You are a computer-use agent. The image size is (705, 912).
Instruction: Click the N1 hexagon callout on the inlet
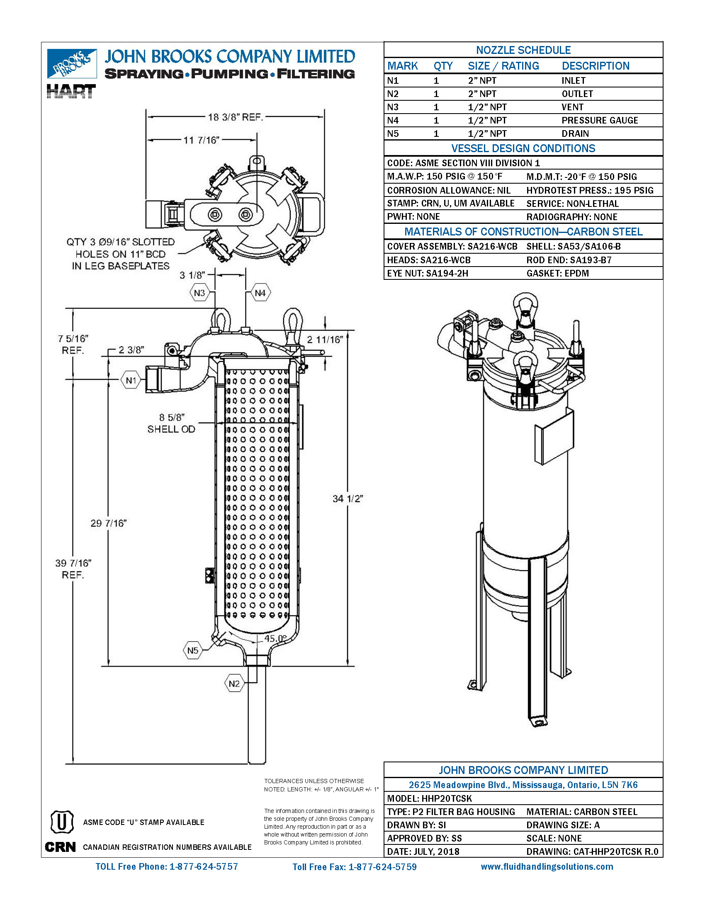pyautogui.click(x=131, y=381)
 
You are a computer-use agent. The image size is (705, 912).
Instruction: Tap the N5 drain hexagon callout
pyautogui.click(x=192, y=650)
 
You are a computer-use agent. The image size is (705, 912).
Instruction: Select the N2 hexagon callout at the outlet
pyautogui.click(x=234, y=684)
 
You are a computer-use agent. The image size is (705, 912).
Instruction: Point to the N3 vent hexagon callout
pyautogui.click(x=199, y=293)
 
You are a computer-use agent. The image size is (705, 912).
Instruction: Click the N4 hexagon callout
pyautogui.click(x=260, y=293)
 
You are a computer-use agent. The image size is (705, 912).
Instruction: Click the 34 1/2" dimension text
pyautogui.click(x=348, y=499)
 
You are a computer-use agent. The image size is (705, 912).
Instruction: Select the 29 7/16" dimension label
pyautogui.click(x=109, y=523)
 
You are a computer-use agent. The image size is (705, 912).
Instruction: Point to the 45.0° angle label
pyautogui.click(x=275, y=638)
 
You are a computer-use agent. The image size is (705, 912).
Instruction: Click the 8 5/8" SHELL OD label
pyautogui.click(x=171, y=423)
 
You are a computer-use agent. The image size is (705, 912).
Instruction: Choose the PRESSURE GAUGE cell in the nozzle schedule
pyautogui.click(x=599, y=120)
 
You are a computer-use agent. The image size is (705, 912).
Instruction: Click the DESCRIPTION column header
pyautogui.click(x=595, y=66)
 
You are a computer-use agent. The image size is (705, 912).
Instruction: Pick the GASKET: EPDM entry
pyautogui.click(x=557, y=273)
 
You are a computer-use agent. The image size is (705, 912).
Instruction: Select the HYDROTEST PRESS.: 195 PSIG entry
pyautogui.click(x=589, y=190)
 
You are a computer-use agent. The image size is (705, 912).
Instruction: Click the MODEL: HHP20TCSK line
pyautogui.click(x=429, y=798)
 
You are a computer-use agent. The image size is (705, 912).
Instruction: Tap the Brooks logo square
pyautogui.click(x=72, y=63)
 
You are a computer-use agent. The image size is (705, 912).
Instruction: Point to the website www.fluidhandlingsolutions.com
pyautogui.click(x=547, y=866)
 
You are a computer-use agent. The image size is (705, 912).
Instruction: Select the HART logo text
pyautogui.click(x=71, y=91)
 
